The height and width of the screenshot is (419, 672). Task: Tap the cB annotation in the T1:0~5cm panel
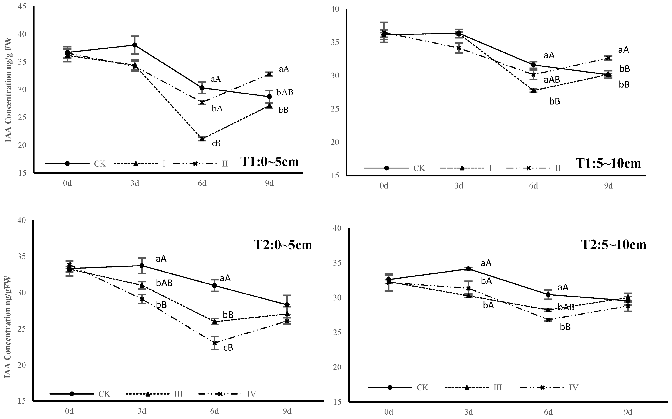tap(216, 143)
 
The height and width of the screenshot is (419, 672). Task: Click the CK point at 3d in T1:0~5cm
tap(135, 45)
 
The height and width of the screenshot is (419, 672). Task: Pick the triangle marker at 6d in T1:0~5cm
tap(202, 139)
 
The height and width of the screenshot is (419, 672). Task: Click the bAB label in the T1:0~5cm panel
tap(285, 93)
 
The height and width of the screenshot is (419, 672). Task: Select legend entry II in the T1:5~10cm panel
tap(558, 168)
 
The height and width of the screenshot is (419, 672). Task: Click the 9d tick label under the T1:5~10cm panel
tap(608, 186)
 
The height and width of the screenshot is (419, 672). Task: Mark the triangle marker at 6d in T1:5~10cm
tap(533, 90)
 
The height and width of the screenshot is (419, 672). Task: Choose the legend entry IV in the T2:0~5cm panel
tap(251, 394)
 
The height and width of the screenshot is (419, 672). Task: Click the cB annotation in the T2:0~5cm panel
tap(228, 348)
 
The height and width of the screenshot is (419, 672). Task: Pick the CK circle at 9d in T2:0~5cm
tap(287, 305)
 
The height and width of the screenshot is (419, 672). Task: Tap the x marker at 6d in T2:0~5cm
tap(214, 343)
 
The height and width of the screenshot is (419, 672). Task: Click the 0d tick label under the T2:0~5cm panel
tap(69, 411)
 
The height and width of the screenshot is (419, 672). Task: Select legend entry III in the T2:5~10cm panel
tap(497, 387)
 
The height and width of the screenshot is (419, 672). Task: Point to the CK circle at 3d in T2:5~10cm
tap(468, 269)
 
